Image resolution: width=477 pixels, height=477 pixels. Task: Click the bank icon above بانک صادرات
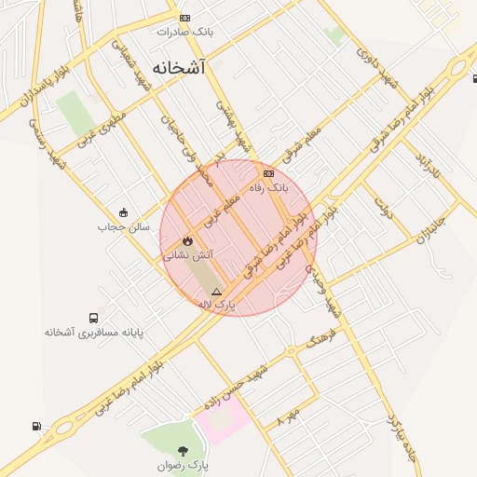click(184, 18)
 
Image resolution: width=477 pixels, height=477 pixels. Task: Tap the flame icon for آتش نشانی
click(188, 239)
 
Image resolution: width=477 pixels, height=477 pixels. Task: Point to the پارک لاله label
click(217, 305)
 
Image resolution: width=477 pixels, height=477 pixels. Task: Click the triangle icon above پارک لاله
click(217, 292)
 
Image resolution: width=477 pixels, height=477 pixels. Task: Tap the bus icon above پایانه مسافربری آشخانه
click(92, 319)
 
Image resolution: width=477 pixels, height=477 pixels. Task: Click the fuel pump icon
click(36, 427)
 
